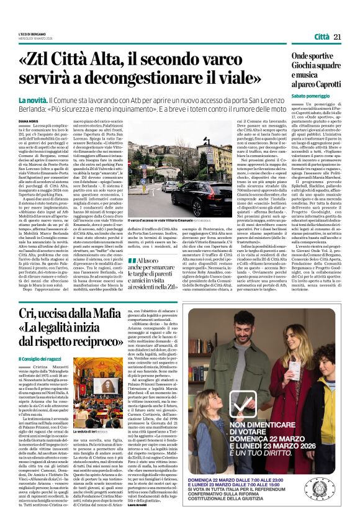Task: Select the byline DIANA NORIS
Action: tap(28, 122)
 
